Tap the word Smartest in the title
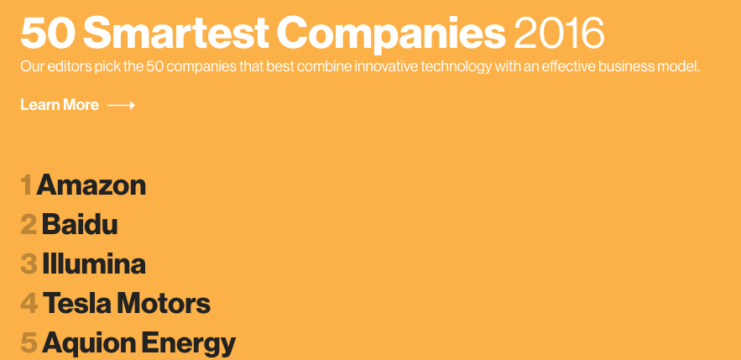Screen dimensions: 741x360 tap(175, 34)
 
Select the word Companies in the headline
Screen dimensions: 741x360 tap(391, 35)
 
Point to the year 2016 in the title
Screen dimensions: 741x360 tap(559, 34)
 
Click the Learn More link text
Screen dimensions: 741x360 tap(60, 105)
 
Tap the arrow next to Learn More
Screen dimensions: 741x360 tap(122, 106)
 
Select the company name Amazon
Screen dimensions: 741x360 tap(91, 185)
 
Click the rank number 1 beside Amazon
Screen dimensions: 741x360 tap(27, 185)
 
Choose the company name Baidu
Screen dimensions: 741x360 tap(80, 224)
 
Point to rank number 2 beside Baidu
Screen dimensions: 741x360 tap(29, 225)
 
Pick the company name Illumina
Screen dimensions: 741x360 tap(94, 264)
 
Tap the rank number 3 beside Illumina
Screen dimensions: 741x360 tap(29, 264)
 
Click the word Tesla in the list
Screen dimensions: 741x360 tap(77, 304)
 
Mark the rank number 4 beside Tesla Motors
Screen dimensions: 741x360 tap(29, 305)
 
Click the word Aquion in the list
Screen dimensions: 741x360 tap(89, 344)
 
